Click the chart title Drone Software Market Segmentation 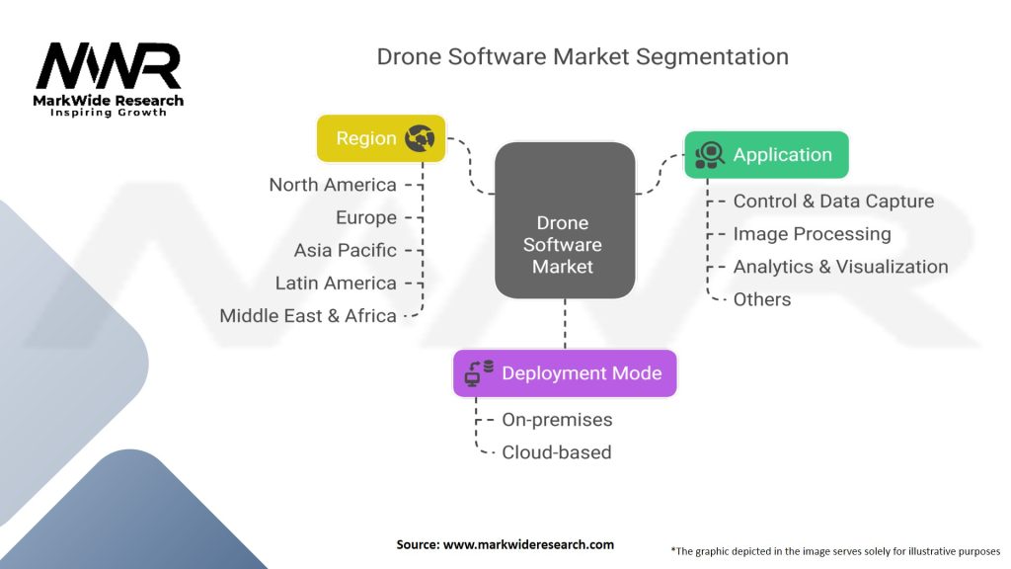(x=583, y=56)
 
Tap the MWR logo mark (x=109, y=66)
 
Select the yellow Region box (x=380, y=138)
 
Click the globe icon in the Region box (x=420, y=139)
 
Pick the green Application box (x=766, y=155)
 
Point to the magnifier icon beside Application (x=710, y=155)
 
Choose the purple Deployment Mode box (x=565, y=373)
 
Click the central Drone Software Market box (x=564, y=220)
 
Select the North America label (x=333, y=185)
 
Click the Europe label (x=365, y=217)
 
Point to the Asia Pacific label (x=345, y=250)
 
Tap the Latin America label (x=336, y=283)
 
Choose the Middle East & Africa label (x=308, y=316)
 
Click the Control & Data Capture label (x=833, y=202)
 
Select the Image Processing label (x=812, y=234)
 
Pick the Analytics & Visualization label (x=840, y=267)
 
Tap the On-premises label (x=557, y=420)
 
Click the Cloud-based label (x=557, y=452)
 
